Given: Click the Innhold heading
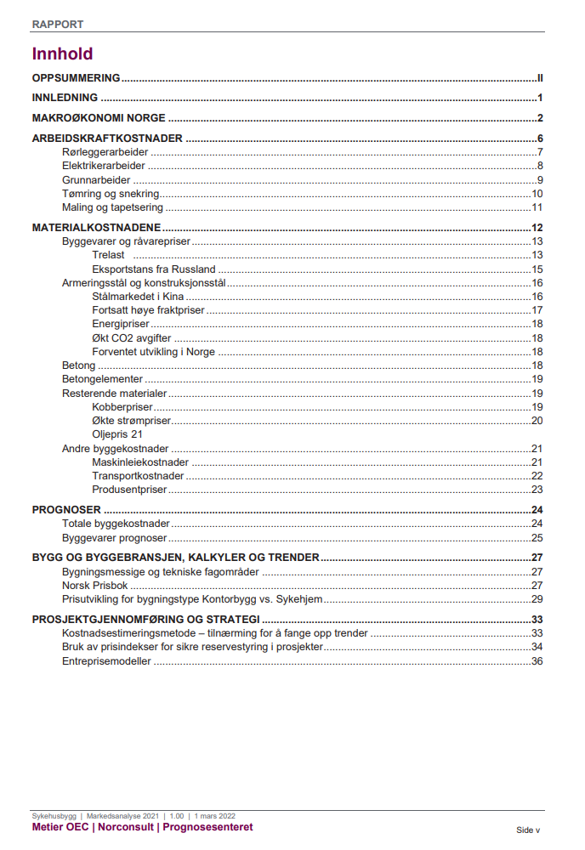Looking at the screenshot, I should [x=62, y=54].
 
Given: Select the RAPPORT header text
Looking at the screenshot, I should [x=58, y=25].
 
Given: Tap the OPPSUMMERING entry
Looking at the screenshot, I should [x=76, y=77].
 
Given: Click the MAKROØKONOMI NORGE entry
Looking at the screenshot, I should [x=99, y=118].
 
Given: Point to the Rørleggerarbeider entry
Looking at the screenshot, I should [x=105, y=152].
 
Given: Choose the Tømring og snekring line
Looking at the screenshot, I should [x=111, y=194].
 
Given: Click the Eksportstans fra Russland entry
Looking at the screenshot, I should [x=154, y=269].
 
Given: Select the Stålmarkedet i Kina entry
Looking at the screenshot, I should [x=139, y=297].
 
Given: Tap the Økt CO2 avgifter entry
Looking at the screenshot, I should [x=132, y=338].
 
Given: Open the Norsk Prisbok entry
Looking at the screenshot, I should [x=95, y=586].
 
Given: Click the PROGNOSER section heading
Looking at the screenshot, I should [x=66, y=510].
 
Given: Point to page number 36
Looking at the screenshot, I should [x=537, y=661].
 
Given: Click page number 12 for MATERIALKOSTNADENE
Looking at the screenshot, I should [x=537, y=228].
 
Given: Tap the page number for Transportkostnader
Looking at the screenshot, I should [x=537, y=476].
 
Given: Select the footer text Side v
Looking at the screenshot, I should [x=528, y=830].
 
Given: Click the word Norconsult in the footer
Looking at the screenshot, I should [x=128, y=827].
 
